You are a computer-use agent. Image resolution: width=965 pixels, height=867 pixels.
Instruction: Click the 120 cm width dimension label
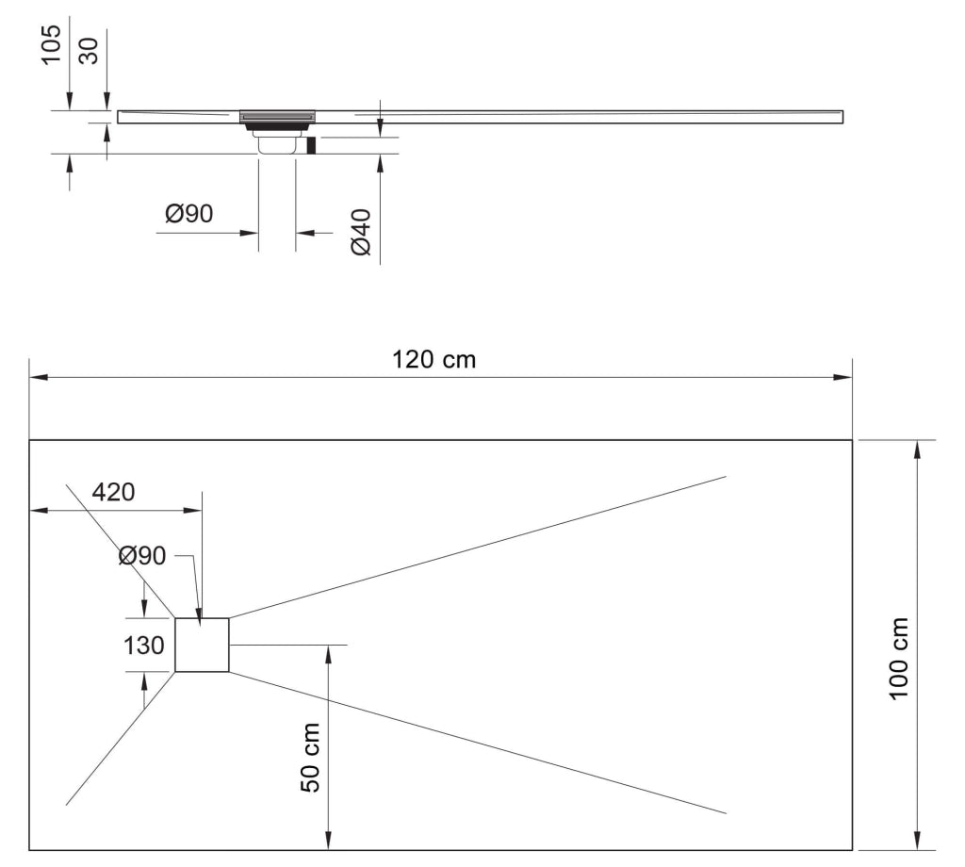(x=433, y=359)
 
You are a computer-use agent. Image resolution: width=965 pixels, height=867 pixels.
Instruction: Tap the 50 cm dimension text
(x=312, y=756)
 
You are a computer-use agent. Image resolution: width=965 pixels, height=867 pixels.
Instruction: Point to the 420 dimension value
(x=113, y=492)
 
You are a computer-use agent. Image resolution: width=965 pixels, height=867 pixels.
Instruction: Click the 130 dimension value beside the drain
(x=145, y=646)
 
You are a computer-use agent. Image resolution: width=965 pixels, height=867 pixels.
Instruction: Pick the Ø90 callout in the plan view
(x=142, y=556)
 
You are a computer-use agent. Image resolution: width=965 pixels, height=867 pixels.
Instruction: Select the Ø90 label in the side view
(x=188, y=215)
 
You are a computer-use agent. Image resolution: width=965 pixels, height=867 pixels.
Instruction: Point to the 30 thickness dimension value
(x=90, y=48)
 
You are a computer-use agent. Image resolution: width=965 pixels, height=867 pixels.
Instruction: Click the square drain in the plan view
(x=202, y=646)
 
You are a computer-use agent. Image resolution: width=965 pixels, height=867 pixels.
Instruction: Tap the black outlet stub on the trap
(x=311, y=145)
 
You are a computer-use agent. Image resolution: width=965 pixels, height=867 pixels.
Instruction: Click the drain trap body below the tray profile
(x=278, y=143)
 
